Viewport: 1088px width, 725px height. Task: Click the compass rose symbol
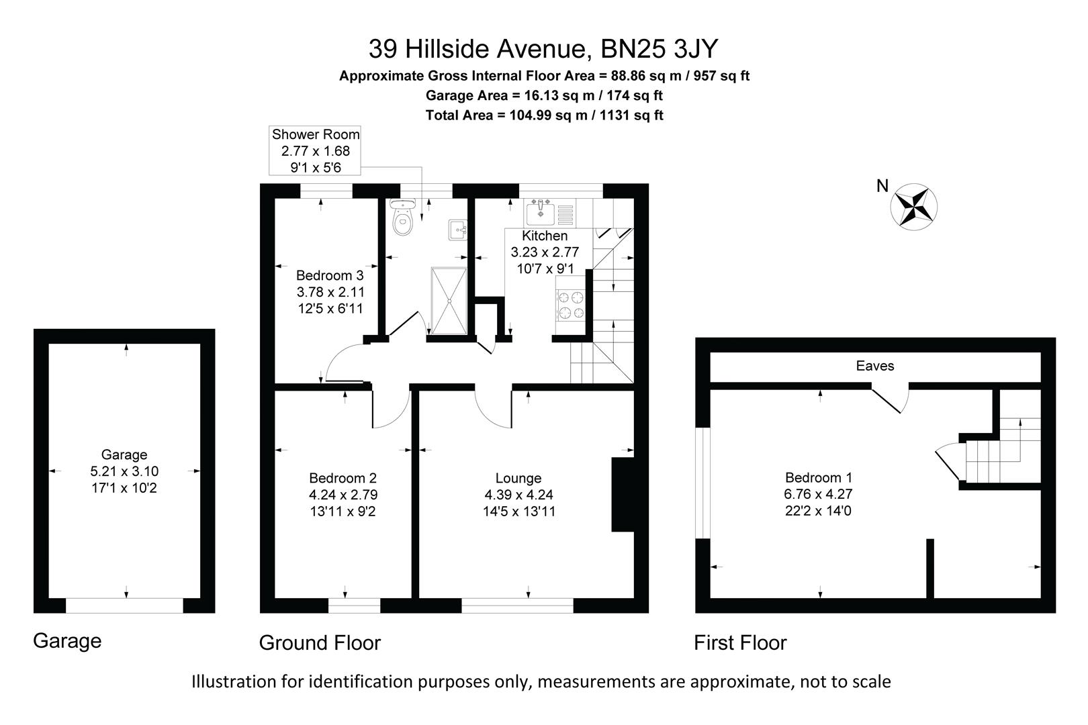(x=913, y=207)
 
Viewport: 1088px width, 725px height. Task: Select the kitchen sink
(x=541, y=213)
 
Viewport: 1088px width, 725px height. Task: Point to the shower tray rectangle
(x=449, y=300)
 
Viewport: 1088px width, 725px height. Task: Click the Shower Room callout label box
(x=315, y=151)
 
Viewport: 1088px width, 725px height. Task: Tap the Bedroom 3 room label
(x=330, y=275)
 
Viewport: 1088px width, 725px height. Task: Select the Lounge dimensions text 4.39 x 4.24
(x=518, y=495)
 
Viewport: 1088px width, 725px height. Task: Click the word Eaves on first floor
(x=874, y=366)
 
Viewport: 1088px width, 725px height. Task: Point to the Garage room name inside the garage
(x=124, y=454)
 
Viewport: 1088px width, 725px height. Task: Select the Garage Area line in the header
(x=544, y=95)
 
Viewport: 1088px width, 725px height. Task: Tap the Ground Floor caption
(x=320, y=642)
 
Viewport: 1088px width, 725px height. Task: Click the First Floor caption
(x=739, y=642)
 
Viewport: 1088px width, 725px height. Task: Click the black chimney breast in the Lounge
(x=622, y=495)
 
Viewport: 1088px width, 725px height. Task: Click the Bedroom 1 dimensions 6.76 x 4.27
(x=819, y=495)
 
